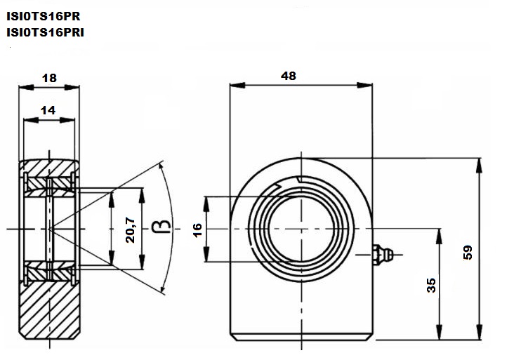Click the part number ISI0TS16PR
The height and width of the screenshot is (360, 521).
point(44,16)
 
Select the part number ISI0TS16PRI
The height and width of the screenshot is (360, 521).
point(45,32)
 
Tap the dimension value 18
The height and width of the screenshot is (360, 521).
point(49,78)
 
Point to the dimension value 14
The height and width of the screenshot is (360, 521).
point(48,110)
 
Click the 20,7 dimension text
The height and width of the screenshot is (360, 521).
point(130,229)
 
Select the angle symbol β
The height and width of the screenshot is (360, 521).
point(161,226)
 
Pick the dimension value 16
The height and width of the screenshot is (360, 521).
point(197,229)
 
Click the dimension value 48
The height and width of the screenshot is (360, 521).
point(288,76)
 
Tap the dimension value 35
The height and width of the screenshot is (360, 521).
point(431,286)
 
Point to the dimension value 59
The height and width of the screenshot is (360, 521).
point(468,253)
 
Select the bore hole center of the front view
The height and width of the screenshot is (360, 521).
point(301,229)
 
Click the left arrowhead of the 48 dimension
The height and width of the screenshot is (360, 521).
point(237,86)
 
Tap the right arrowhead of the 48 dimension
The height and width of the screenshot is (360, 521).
point(364,86)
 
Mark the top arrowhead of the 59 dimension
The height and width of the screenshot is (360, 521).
point(479,166)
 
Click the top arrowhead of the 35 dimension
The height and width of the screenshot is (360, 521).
point(439,236)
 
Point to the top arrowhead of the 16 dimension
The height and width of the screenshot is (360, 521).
point(206,204)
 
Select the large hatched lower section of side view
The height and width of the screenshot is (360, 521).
point(49,309)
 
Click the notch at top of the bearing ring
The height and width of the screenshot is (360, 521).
point(298,180)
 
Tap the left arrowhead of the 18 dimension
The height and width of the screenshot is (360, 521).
point(27,87)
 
